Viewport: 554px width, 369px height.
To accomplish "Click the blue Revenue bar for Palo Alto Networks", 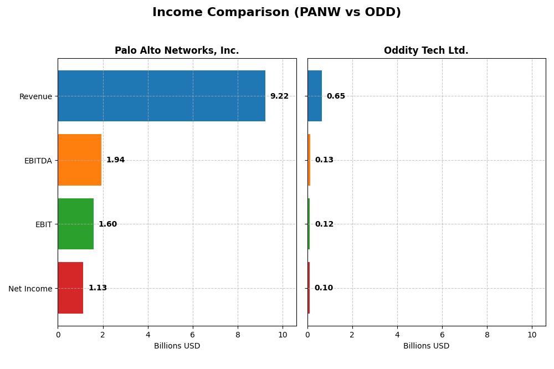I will point(161,96).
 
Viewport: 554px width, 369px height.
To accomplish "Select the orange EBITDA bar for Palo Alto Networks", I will point(80,160).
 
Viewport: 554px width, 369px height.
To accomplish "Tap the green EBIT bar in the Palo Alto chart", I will point(76,224).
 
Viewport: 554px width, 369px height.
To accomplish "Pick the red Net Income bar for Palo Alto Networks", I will point(70,288).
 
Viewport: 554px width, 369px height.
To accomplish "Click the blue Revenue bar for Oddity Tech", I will point(315,96).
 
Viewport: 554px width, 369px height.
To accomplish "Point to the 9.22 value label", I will point(279,96).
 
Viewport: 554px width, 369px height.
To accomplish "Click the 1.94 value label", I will point(115,160).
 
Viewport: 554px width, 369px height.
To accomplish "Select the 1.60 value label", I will point(107,224).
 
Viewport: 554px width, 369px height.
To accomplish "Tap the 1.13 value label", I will point(98,288).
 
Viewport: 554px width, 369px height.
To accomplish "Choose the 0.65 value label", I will point(336,96).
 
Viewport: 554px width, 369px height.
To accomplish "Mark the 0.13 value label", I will point(324,160).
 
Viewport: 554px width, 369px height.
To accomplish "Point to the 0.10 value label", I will point(324,288).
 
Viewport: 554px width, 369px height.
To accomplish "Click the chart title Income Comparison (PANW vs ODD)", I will point(276,13).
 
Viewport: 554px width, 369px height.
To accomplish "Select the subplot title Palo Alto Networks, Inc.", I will point(177,51).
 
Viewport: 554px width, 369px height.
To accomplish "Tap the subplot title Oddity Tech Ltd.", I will point(426,51).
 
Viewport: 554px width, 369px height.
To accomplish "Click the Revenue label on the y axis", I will point(35,96).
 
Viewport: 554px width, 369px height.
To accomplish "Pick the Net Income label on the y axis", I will point(30,289).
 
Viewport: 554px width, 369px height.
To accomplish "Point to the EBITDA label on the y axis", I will point(38,161).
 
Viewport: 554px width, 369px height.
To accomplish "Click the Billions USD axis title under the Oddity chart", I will point(426,346).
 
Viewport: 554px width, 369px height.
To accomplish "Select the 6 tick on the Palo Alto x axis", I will point(193,335).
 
